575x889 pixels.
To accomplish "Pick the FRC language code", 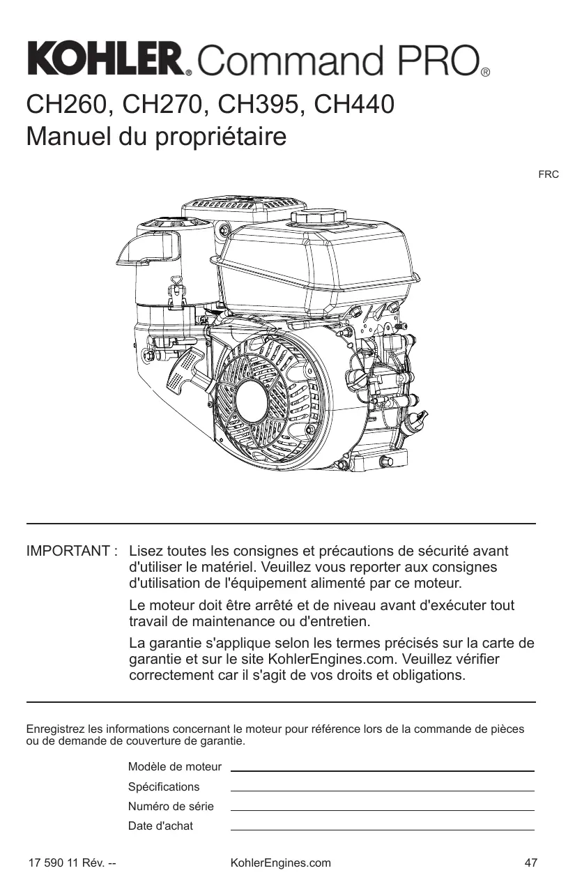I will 548,174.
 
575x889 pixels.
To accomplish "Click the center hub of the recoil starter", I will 254,402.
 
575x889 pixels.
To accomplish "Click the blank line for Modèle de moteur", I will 382,769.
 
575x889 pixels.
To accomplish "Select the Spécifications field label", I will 164,787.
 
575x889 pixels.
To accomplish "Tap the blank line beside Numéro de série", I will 382,809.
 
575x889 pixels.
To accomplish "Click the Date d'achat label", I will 161,826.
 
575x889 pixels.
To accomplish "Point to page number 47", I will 531,863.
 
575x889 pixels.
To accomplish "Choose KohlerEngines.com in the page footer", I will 280,863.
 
